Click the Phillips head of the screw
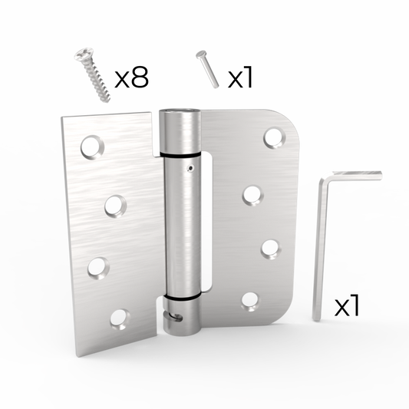pos(83,54)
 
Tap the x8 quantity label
pos(131,77)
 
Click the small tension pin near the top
pos(208,69)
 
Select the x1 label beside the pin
pos(240,77)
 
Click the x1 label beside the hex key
pos(347,305)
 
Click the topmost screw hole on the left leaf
pos(92,147)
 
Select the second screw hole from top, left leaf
pos(116,206)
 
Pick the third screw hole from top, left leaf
pos(98,269)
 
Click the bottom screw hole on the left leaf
pos(120,319)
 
